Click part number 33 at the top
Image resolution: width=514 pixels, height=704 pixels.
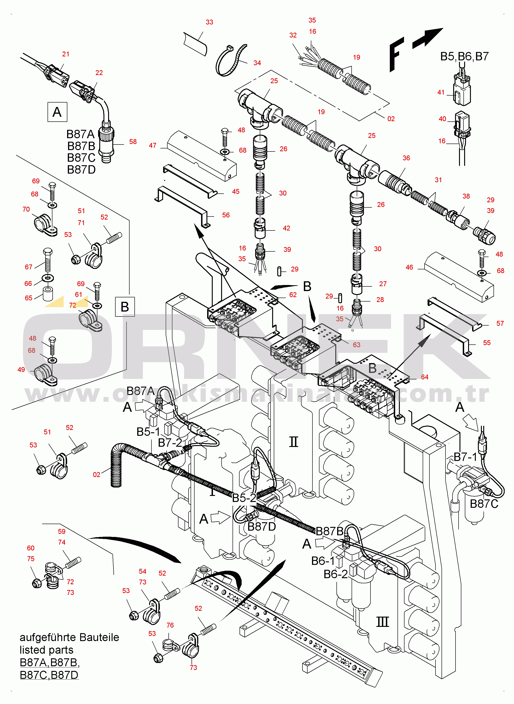tap(209, 22)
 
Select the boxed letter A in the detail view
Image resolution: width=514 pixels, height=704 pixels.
tap(57, 112)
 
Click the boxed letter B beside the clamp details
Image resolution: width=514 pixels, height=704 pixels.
tap(125, 307)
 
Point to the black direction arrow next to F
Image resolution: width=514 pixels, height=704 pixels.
tap(428, 38)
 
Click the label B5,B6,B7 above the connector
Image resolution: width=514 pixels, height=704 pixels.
tap(464, 56)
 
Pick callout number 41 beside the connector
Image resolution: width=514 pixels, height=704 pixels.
tap(441, 92)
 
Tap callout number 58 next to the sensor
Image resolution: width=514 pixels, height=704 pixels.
tap(133, 141)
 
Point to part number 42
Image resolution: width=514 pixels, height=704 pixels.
tap(286, 228)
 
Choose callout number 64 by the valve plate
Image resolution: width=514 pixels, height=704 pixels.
tap(424, 377)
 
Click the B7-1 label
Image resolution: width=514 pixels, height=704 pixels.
tap(465, 457)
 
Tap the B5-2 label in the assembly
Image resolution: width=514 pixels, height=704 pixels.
tap(244, 498)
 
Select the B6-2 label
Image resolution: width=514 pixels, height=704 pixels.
tap(336, 574)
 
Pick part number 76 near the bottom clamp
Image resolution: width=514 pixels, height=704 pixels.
tap(170, 625)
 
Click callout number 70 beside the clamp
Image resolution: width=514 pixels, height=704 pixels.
tap(26, 209)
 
